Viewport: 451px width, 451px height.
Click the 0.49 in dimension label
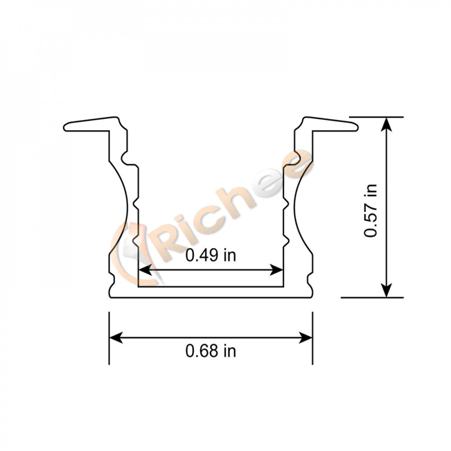[x=211, y=256]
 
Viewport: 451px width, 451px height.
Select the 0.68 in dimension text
[x=211, y=350]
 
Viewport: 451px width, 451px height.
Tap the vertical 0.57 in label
[x=371, y=210]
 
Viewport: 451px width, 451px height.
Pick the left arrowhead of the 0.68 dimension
[x=115, y=337]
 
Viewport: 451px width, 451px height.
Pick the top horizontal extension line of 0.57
[x=377, y=117]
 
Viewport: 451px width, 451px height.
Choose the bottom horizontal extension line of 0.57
[x=372, y=298]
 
